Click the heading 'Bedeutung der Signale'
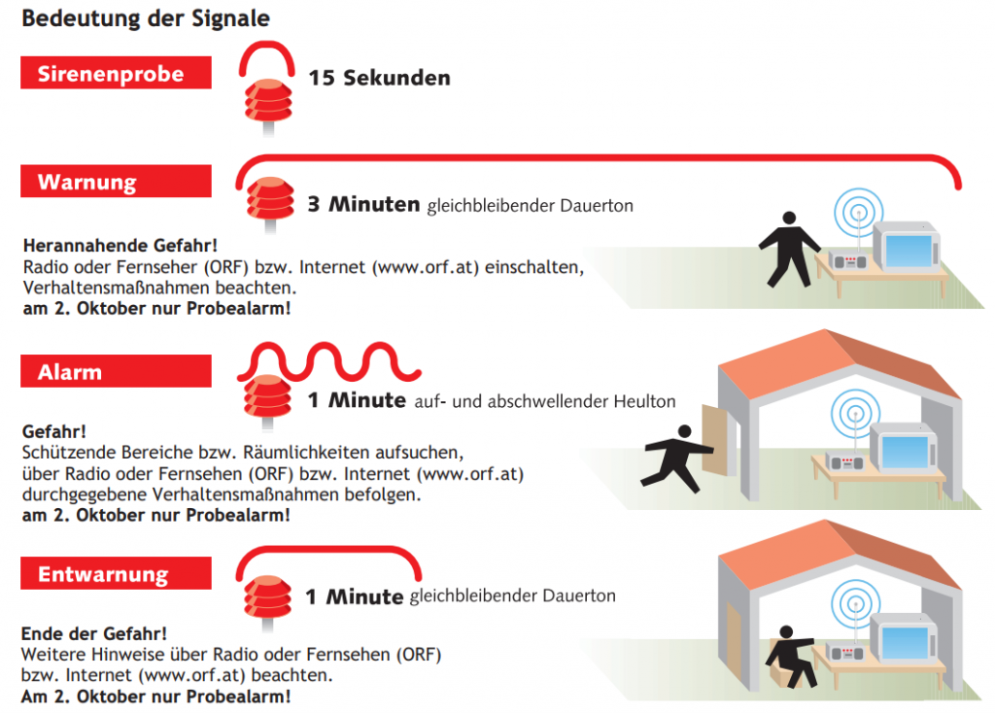click(146, 18)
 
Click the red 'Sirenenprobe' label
click(117, 73)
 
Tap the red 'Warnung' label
click(117, 182)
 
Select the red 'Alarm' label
click(117, 371)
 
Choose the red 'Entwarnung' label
click(117, 573)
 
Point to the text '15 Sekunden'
click(380, 78)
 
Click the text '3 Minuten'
click(363, 204)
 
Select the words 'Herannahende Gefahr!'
click(120, 246)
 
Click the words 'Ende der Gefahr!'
click(94, 633)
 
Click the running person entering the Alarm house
click(676, 458)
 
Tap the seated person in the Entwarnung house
click(791, 657)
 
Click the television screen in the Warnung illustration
click(909, 251)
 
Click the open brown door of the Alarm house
click(715, 440)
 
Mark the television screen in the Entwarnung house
click(906, 641)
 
